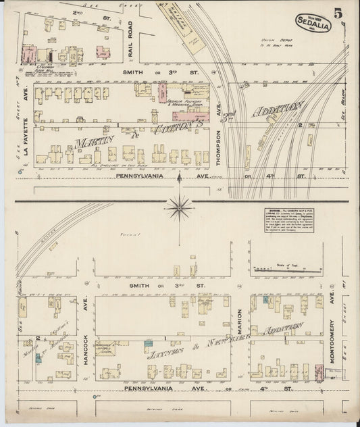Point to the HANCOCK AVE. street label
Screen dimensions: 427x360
click(x=86, y=334)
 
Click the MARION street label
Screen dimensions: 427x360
click(x=240, y=325)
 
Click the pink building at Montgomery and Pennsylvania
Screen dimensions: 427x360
click(x=319, y=371)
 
